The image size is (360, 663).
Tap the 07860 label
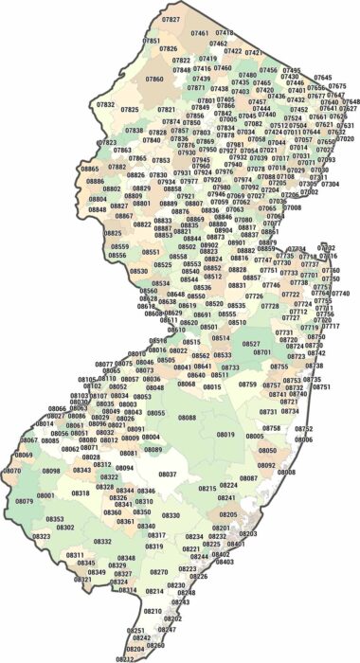pos(153,79)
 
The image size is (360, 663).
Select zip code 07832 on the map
pos(105,104)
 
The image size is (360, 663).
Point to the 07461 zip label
pos(200,33)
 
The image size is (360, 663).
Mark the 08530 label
pos(138,271)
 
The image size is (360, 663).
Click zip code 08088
pos(187,417)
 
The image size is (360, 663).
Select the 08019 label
pos(225,434)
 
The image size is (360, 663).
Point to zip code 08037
pos(167,473)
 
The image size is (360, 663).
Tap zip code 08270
pos(158,572)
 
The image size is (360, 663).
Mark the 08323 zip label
pos(42,535)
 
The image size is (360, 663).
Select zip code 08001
pos(45,495)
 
